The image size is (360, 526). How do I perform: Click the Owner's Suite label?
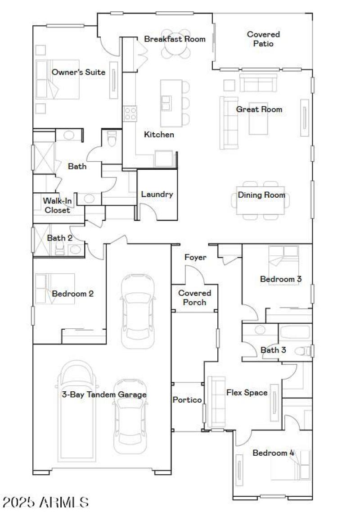[78, 72]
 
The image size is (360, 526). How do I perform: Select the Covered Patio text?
[263, 39]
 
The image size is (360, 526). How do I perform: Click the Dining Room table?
[261, 200]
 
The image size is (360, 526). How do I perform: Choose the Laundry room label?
[157, 195]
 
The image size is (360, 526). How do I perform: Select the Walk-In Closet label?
[56, 205]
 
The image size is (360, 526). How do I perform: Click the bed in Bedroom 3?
[283, 261]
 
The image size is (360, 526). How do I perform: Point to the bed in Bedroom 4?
[291, 465]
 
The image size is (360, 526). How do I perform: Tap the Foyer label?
[196, 257]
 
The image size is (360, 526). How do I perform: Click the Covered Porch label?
[194, 298]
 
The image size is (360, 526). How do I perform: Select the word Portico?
[187, 400]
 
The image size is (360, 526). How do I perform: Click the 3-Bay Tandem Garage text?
[104, 394]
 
